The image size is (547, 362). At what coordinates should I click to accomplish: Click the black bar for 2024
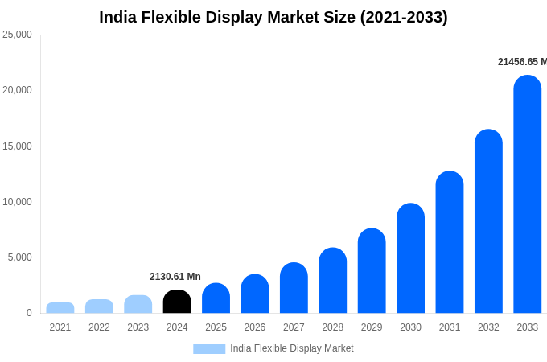177,302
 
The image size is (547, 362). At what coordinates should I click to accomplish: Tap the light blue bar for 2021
60,308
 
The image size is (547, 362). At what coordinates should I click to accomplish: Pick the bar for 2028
333,281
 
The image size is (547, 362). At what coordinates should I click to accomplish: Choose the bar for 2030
410,258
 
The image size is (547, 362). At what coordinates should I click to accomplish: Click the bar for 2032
488,221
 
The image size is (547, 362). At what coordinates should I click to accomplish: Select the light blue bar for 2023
138,304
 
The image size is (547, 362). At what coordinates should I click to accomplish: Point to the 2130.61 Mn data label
175,277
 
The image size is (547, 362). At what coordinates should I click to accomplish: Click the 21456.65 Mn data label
522,62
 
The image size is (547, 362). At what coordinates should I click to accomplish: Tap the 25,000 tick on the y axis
17,35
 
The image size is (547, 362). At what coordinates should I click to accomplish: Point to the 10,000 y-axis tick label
17,202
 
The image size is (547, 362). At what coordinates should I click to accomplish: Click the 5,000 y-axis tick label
19,257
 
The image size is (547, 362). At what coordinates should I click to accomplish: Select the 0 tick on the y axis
29,313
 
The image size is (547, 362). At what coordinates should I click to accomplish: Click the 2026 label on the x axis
255,327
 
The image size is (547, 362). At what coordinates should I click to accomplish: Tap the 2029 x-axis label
372,327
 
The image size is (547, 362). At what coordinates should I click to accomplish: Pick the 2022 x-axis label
99,327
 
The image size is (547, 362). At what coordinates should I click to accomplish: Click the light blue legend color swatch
209,349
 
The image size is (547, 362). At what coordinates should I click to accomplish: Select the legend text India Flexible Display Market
292,348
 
